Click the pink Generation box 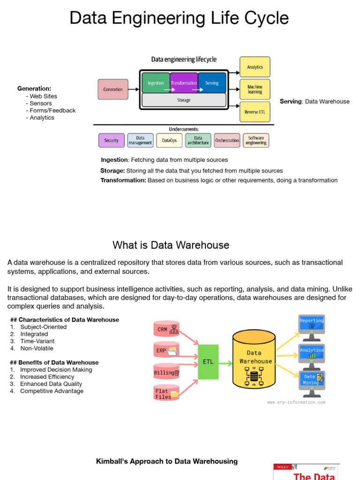[x=113, y=90]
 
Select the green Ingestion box [x=156, y=82]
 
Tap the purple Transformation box [x=184, y=82]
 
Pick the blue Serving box [x=212, y=82]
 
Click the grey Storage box [x=184, y=100]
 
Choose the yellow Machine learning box [x=255, y=90]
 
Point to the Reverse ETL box [x=255, y=112]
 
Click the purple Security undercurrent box [x=112, y=141]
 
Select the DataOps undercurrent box [x=169, y=141]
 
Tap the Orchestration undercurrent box [x=227, y=141]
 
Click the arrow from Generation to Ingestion [x=134, y=90]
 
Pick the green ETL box [x=208, y=362]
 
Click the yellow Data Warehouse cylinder [x=254, y=359]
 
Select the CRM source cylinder [x=166, y=329]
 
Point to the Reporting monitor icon [x=312, y=328]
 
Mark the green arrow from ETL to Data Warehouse [x=225, y=363]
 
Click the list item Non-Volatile [x=37, y=348]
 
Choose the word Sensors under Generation [x=41, y=104]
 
